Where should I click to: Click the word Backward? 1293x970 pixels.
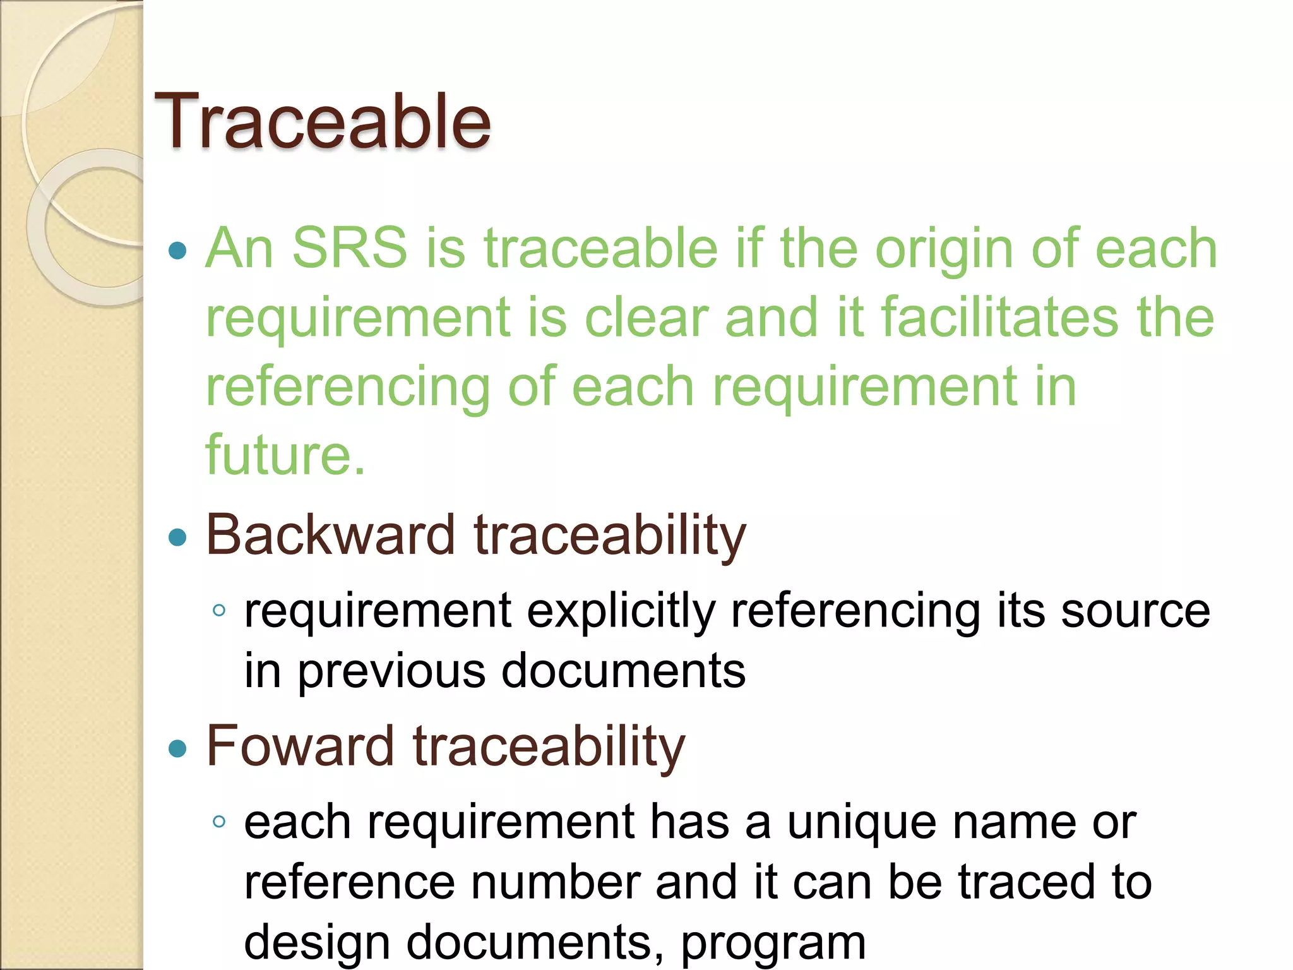pos(330,535)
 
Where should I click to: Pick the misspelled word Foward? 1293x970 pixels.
pos(300,746)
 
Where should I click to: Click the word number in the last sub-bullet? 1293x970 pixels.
pos(556,882)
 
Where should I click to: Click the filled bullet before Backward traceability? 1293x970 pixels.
pos(178,537)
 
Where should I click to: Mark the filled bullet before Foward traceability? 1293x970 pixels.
pos(178,748)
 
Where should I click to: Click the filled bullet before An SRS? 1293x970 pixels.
pos(178,250)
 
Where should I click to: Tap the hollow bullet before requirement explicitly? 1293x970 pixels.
pos(219,610)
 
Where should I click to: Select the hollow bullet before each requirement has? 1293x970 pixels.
pos(219,822)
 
